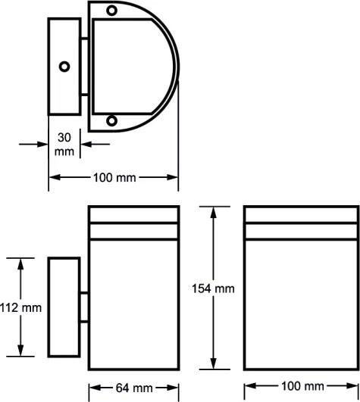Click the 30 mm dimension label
pos(64,145)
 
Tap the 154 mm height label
pos(213,288)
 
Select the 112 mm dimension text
pos(20,307)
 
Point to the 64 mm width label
pos(134,388)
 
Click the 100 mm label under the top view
pos(114,177)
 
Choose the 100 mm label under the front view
pos(303,386)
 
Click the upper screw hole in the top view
pos(111,11)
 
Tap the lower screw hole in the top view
pos(111,120)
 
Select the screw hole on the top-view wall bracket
pos(64,67)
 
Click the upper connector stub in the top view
pos(84,39)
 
